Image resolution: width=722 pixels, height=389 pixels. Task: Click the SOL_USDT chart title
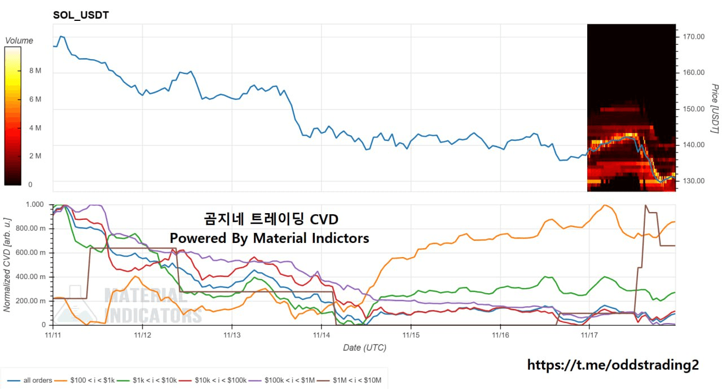(81, 15)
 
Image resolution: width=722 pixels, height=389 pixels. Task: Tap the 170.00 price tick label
(693, 37)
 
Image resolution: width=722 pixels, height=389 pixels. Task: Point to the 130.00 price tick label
(693, 181)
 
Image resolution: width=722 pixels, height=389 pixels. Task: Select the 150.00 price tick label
(693, 109)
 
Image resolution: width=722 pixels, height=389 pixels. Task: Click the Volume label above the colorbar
(19, 41)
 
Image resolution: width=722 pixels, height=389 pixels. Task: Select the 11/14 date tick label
(321, 335)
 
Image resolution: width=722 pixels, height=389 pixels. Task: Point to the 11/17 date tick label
(589, 335)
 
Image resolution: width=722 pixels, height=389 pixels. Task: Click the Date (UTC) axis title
(364, 348)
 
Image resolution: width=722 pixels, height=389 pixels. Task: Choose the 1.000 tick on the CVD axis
(36, 205)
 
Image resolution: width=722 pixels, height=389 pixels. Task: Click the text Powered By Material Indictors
(270, 238)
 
